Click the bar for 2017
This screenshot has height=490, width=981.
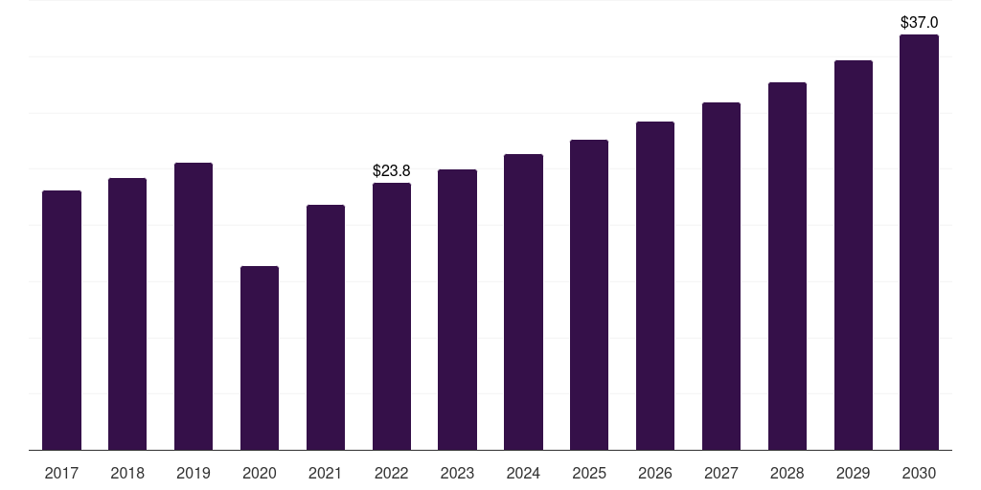pyautogui.click(x=61, y=320)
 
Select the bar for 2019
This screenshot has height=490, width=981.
pyautogui.click(x=194, y=306)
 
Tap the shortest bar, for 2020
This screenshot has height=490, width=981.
pyautogui.click(x=260, y=358)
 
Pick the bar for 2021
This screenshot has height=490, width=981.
pyautogui.click(x=326, y=327)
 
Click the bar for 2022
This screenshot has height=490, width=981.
pyautogui.click(x=392, y=316)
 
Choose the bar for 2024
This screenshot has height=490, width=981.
pyautogui.click(x=523, y=301)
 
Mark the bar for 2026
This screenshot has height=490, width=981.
pyautogui.click(x=655, y=285)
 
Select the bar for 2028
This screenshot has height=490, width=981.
pyautogui.click(x=787, y=266)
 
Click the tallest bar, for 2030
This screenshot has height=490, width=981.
pyautogui.click(x=919, y=242)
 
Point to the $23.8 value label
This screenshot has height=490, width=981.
pyautogui.click(x=391, y=170)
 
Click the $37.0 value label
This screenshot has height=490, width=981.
pyautogui.click(x=919, y=21)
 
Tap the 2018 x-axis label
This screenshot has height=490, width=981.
pyautogui.click(x=127, y=473)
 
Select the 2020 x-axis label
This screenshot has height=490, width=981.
pyautogui.click(x=260, y=473)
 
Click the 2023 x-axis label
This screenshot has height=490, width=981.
pyautogui.click(x=457, y=473)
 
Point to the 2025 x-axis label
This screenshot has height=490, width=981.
pyautogui.click(x=589, y=473)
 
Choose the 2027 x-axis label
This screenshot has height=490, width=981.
pyautogui.click(x=721, y=473)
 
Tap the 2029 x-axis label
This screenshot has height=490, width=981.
pyautogui.click(x=853, y=473)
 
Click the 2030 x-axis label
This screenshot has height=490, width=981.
pyautogui.click(x=919, y=473)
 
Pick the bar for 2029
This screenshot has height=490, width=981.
pyautogui.click(x=853, y=255)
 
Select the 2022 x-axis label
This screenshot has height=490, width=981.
pyautogui.click(x=392, y=473)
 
